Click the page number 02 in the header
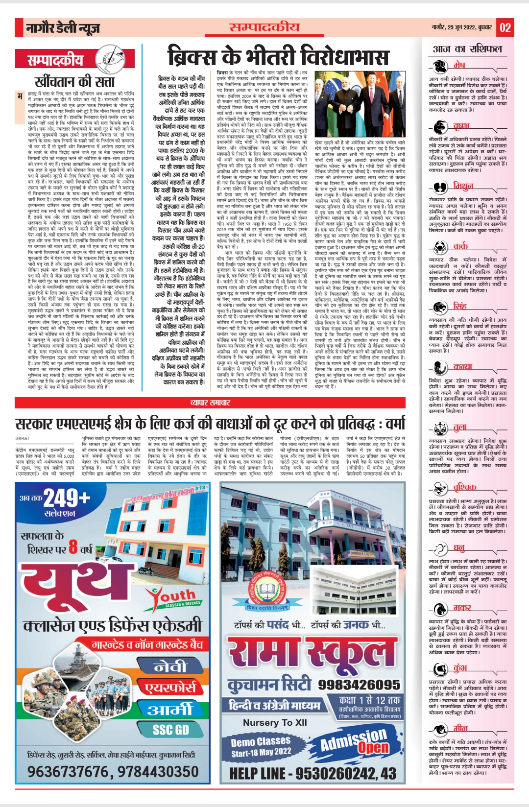[x=505, y=27]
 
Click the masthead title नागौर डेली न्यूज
[x=63, y=28]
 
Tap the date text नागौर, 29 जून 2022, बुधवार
[x=461, y=27]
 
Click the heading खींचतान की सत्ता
[x=74, y=81]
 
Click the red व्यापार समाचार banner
[x=210, y=403]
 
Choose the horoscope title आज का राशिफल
[x=467, y=49]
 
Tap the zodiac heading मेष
[x=459, y=65]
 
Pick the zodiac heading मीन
[x=460, y=728]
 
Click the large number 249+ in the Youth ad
[x=67, y=498]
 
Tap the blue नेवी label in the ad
[x=169, y=666]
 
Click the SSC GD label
[x=170, y=730]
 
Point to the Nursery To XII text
[x=275, y=722]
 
